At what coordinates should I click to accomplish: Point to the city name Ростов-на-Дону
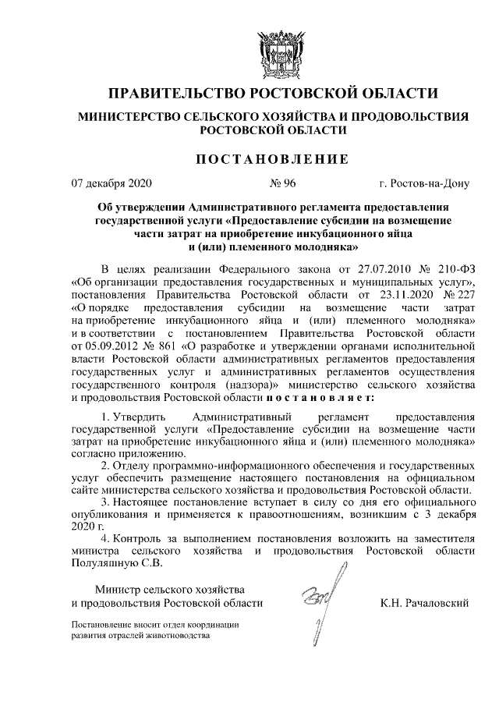(x=423, y=185)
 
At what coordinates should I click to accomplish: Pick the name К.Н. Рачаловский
(x=423, y=603)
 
